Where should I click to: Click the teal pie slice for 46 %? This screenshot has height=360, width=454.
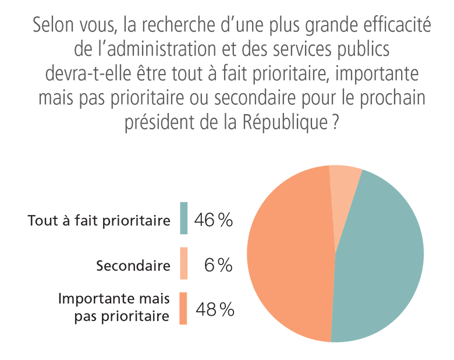[x=378, y=256]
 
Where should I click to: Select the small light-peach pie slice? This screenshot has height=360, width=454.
[x=343, y=186]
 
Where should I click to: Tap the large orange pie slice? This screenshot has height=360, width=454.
[x=288, y=256]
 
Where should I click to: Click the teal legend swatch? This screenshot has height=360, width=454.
[x=184, y=218]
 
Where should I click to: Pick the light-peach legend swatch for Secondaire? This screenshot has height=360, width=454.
[x=184, y=263]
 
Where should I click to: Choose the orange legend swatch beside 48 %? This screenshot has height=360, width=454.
[x=184, y=308]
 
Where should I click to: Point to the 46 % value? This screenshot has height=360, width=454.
[x=214, y=220]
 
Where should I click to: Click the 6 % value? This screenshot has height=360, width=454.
[x=218, y=266]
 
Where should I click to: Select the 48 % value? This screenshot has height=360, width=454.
[x=215, y=309]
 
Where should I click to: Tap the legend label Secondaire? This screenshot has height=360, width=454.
[x=133, y=266]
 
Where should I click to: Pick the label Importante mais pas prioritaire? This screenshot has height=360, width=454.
[x=114, y=308]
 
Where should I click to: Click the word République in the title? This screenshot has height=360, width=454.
[x=292, y=123]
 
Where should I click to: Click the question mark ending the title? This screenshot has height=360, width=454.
[x=335, y=123]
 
